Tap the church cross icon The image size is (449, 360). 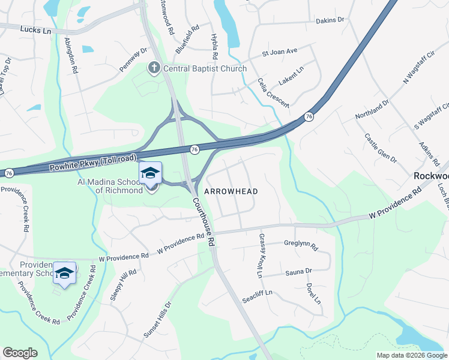(x=153, y=68)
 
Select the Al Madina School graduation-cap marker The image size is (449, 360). (x=150, y=174)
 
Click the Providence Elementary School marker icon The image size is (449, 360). (x=64, y=273)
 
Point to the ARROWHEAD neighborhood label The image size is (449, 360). (x=231, y=191)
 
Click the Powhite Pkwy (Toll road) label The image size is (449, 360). (x=93, y=161)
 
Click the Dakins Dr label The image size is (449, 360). (x=330, y=20)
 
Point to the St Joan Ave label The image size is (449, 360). (x=280, y=52)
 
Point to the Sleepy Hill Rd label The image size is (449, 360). (x=128, y=280)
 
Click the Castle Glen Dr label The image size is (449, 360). (x=381, y=148)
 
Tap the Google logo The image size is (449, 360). (x=20, y=353)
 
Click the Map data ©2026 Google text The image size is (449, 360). (x=411, y=355)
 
